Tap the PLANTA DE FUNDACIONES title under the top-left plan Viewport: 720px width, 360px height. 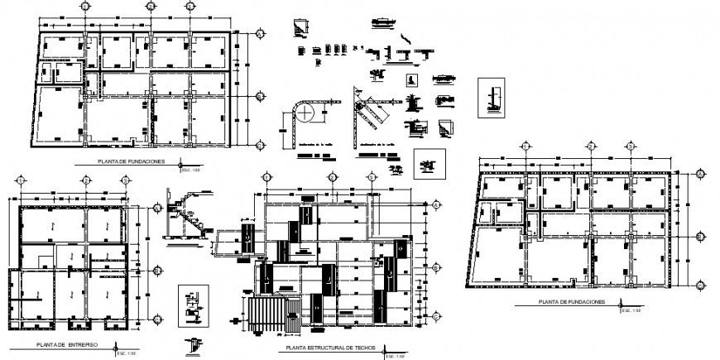131,161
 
